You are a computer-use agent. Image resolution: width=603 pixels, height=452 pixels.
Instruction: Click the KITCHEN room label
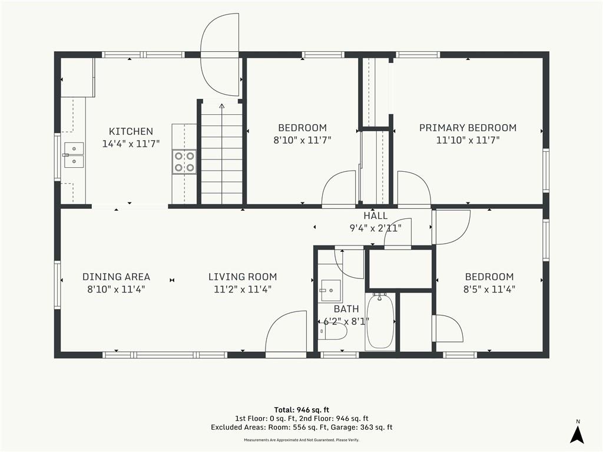coord(131,131)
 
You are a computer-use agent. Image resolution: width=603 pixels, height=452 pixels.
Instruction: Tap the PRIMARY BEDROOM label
coord(468,128)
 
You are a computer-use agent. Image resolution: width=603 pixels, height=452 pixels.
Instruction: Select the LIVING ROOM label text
coord(243,277)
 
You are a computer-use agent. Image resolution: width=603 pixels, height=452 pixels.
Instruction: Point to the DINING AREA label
coord(116,277)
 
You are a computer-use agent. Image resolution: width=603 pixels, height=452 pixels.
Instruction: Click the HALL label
coord(376,216)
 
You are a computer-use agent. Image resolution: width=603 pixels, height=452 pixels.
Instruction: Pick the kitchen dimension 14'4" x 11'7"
coord(131,144)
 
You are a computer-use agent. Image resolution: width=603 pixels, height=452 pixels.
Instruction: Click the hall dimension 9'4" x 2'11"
coord(375,228)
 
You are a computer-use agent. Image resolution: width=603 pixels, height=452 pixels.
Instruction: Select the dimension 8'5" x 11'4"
coord(489,289)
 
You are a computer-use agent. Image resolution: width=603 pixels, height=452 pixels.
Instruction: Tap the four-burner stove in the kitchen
coord(184,162)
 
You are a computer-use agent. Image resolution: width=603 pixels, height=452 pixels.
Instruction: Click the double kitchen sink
coord(74,155)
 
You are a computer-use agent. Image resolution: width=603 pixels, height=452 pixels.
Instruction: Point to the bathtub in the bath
coord(380,321)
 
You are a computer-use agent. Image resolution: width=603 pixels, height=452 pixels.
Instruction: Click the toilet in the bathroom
coord(333,331)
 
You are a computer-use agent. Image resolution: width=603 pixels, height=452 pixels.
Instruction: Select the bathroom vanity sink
coord(330,291)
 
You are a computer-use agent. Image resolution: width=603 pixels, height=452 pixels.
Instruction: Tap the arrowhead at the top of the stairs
coord(222,106)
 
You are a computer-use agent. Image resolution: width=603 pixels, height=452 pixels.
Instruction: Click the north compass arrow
coord(577,434)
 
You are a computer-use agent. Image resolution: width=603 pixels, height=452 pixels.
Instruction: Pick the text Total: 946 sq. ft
coord(301,410)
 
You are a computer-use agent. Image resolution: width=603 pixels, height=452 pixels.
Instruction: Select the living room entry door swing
coord(286,331)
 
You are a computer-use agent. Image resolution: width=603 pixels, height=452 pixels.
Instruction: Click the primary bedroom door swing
coord(414,188)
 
